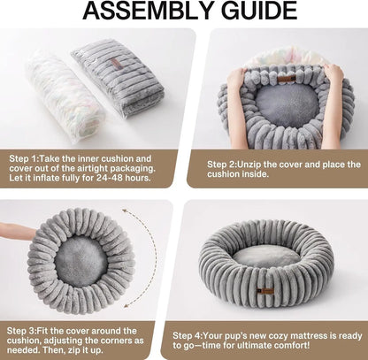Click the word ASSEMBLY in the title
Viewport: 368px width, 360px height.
134,13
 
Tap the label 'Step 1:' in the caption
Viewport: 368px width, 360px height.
27,158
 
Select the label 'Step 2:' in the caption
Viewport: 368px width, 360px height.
226,165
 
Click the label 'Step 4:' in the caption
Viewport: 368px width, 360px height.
191,336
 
